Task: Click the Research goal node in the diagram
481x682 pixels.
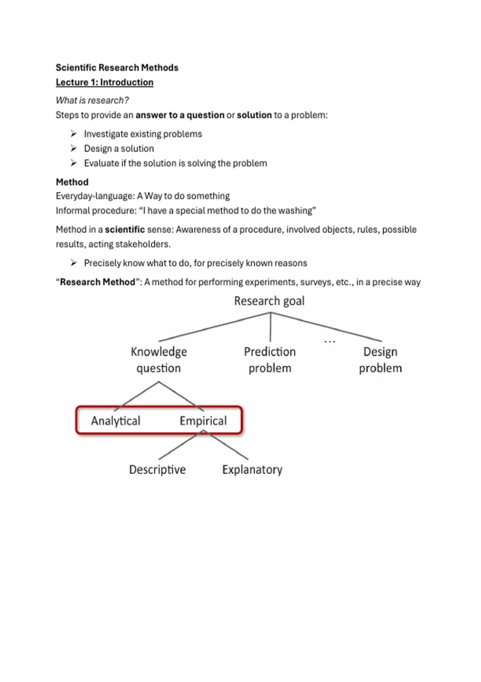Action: pos(269,301)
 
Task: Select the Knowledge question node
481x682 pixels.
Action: pos(159,360)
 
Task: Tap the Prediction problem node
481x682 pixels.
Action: pos(270,360)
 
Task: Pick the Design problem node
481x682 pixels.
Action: pos(380,360)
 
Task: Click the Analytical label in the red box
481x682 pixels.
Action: pos(115,421)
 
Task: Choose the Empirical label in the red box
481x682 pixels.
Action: pos(203,421)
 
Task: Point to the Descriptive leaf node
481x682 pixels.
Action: pos(158,470)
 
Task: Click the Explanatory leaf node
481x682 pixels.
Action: pos(252,470)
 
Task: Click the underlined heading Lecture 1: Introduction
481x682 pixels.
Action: pos(105,82)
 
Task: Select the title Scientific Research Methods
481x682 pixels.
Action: pos(117,67)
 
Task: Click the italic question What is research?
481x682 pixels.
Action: pos(92,100)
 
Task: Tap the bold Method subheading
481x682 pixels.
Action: pos(72,182)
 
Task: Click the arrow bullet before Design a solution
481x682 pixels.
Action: pos(74,148)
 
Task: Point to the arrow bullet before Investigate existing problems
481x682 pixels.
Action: pos(74,134)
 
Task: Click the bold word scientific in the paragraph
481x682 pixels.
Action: pos(125,229)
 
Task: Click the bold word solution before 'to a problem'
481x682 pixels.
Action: pos(254,115)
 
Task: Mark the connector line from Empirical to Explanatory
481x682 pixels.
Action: pos(227,445)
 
